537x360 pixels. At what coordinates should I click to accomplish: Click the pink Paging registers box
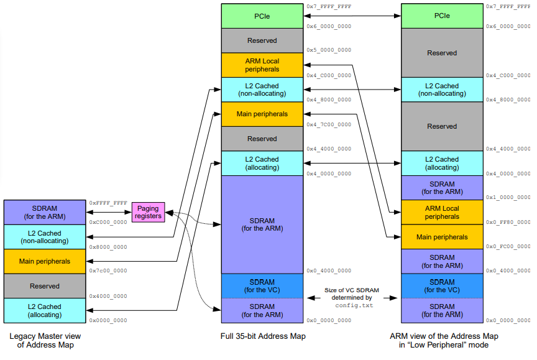(149, 212)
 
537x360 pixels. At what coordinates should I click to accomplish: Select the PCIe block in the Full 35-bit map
(262, 16)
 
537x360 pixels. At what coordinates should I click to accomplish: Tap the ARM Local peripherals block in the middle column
(262, 65)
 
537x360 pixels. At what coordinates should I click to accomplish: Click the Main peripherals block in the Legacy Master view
(44, 261)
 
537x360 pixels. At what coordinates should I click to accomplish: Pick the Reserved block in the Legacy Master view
(44, 286)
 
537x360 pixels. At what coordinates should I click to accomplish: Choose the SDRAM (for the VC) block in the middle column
(262, 286)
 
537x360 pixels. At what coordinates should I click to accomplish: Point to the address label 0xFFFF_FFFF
(108, 203)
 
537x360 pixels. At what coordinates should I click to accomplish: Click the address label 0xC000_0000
(108, 222)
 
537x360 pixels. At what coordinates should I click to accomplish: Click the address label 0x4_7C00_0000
(329, 124)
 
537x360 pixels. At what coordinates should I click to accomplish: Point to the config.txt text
(354, 305)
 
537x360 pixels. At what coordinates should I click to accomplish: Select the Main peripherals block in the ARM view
(442, 237)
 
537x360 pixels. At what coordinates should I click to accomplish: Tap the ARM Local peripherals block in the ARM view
(442, 213)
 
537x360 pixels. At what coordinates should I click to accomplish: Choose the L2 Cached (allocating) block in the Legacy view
(44, 310)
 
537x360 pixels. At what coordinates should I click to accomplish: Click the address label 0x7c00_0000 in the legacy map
(108, 271)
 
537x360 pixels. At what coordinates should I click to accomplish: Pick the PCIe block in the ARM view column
(442, 16)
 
